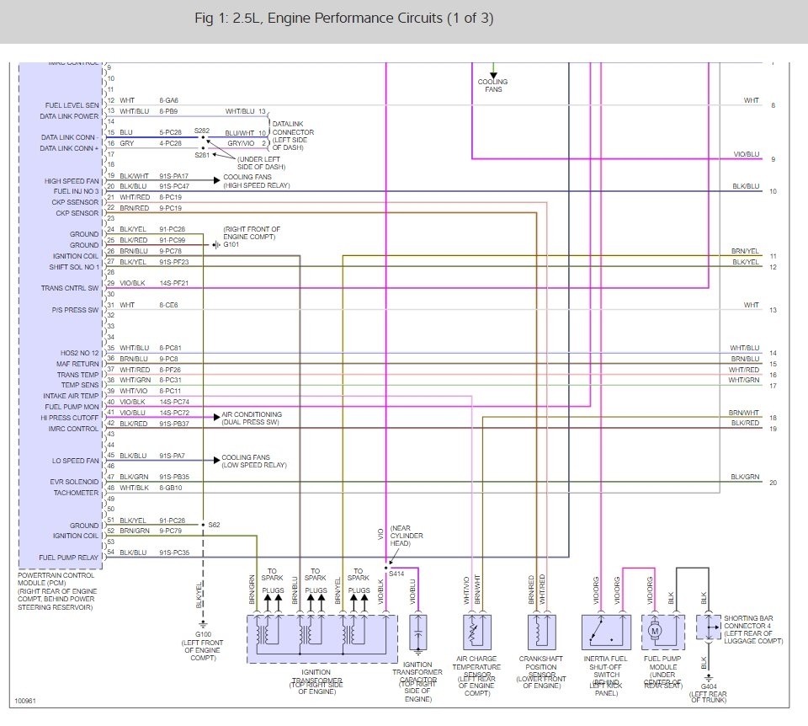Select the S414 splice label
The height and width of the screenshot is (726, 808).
coord(396,573)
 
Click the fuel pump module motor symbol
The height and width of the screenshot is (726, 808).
coord(655,629)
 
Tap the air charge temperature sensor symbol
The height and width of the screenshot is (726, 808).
coord(477,630)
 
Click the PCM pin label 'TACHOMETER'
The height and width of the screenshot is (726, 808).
coord(77,493)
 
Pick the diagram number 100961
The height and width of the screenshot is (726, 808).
coord(26,700)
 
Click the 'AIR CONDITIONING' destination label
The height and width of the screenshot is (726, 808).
coord(252,414)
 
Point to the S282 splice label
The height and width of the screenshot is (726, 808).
coord(202,131)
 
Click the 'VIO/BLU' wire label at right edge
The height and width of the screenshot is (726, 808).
coord(746,155)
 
